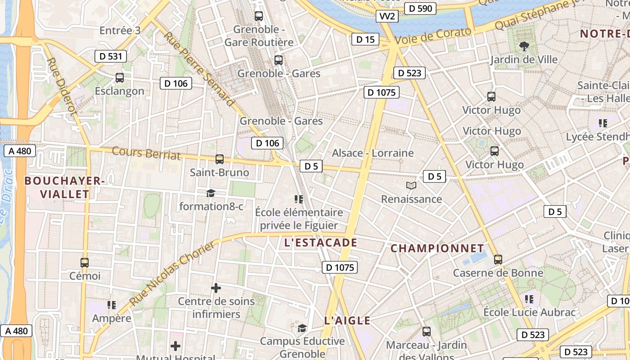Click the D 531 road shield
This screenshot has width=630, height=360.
tap(111, 56)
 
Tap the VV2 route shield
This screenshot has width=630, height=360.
tap(387, 17)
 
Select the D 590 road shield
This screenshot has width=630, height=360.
tap(420, 8)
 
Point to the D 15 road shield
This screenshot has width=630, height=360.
tap(365, 39)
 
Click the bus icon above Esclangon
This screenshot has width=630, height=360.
tap(120, 77)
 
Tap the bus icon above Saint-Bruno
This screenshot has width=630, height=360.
tap(220, 159)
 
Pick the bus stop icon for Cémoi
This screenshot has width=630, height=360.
tap(85, 262)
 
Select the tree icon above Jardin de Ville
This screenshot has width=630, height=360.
tap(524, 45)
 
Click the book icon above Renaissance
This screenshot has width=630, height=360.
tap(411, 185)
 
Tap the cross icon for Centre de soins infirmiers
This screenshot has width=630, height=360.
tap(216, 288)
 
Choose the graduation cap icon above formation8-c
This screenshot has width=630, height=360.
tap(211, 193)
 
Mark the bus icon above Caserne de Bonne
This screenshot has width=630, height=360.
tap(498, 259)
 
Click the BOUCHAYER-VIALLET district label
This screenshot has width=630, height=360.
tap(64, 188)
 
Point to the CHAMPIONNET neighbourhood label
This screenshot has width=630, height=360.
tap(437, 248)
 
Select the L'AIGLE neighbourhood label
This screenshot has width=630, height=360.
tap(347, 321)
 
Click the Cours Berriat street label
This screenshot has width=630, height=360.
tap(146, 153)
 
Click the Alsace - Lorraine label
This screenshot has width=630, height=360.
tap(373, 153)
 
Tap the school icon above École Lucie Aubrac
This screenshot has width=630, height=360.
tap(529, 299)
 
